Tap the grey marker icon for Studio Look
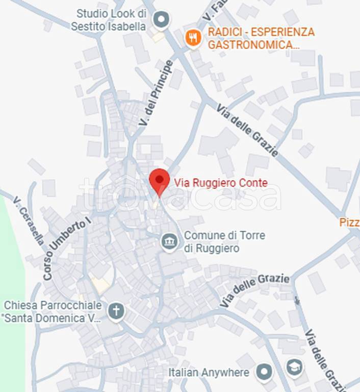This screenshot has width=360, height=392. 161,20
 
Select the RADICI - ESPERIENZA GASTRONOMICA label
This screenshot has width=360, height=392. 261,38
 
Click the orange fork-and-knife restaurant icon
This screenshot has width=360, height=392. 193,38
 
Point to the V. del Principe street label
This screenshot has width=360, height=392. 156,94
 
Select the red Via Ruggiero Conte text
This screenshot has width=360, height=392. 221,182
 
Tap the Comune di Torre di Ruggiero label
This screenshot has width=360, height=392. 224,242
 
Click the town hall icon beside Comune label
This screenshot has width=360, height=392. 169,241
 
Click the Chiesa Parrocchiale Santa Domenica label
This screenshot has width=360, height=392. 53,312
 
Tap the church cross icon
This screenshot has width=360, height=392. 116,311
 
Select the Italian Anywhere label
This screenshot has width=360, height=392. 209,373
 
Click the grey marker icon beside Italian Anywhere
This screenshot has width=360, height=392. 264,372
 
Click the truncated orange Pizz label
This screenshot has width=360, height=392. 349,223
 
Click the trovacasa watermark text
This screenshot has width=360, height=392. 179,194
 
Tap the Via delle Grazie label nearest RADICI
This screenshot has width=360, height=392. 247,131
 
